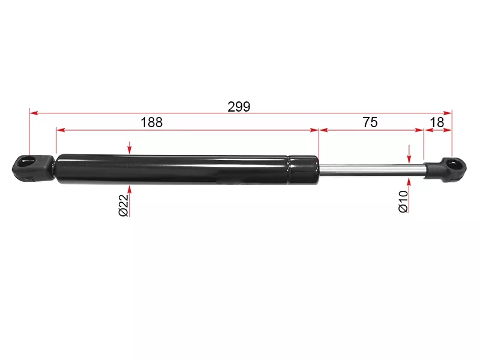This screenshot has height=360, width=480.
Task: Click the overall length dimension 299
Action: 239,107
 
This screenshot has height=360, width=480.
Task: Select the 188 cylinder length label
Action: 152,122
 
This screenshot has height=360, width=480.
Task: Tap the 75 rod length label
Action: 370,122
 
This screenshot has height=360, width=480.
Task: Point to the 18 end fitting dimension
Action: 437,122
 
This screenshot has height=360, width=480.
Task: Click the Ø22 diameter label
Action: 124,205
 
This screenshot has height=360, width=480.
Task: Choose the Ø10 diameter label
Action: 403,202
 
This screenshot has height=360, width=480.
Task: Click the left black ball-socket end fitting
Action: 33,168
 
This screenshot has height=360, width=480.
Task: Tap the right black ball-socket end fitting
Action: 445,170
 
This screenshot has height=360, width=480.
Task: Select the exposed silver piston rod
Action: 372,170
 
